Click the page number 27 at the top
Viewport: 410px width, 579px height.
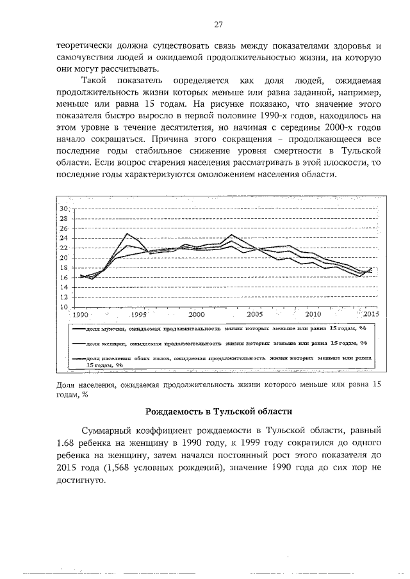click(218, 24)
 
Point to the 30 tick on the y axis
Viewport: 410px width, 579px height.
click(64, 209)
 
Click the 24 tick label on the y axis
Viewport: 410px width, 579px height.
click(64, 239)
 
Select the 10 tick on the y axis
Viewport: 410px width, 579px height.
click(64, 307)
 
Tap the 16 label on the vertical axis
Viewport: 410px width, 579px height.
click(64, 278)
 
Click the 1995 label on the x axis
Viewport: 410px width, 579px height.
click(138, 315)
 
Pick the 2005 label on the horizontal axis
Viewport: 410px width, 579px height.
click(254, 315)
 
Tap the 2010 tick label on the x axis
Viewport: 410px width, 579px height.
click(313, 315)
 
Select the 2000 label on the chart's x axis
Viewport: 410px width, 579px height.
click(196, 315)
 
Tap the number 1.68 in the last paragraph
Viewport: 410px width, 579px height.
click(67, 443)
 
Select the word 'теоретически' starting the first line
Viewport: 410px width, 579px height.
click(85, 46)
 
